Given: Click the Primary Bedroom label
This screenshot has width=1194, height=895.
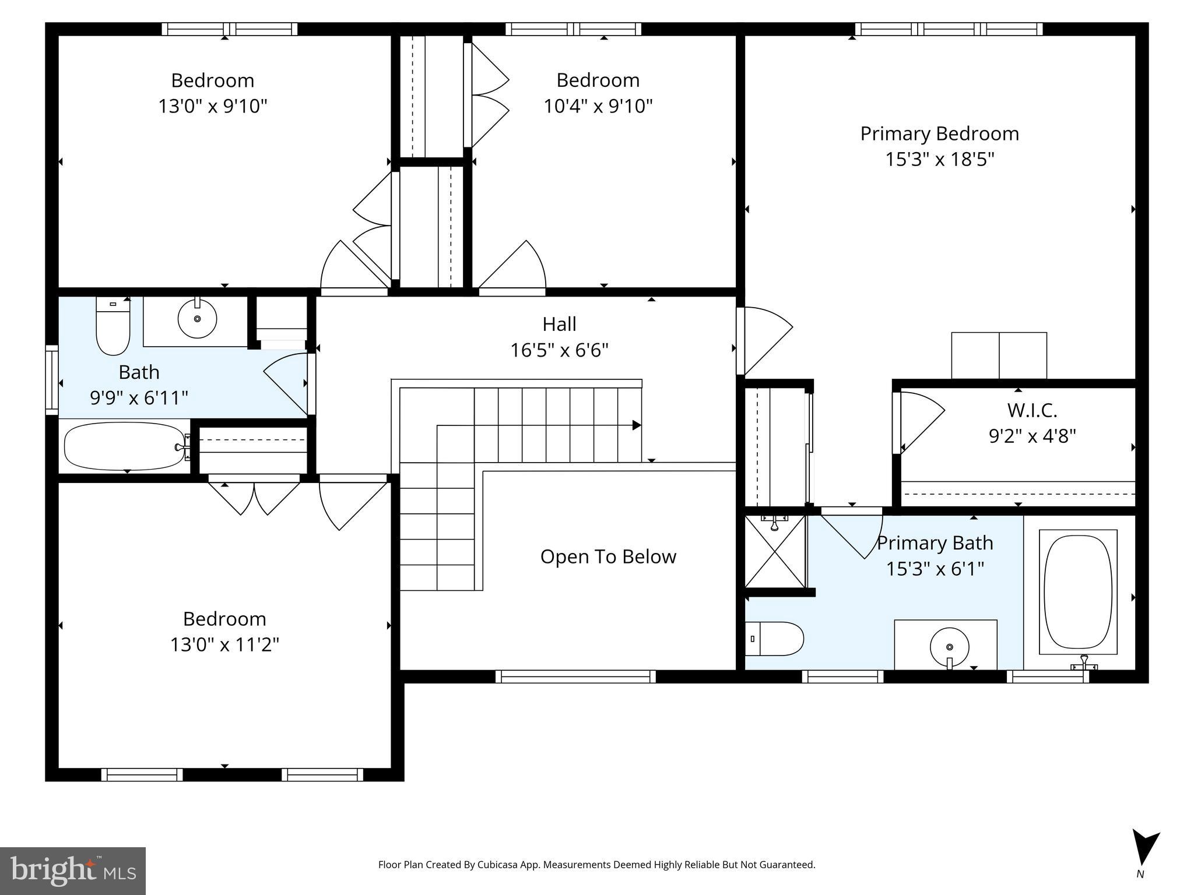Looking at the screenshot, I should [939, 134].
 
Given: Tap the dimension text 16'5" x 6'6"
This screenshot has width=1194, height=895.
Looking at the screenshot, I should [559, 350].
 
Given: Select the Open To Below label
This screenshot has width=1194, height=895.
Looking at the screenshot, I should [608, 556].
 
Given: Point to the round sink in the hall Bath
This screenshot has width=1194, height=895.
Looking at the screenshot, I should [197, 319].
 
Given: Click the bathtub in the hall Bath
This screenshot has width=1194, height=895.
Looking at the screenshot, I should [124, 446].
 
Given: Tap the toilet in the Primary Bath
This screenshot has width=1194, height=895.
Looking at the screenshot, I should [774, 639].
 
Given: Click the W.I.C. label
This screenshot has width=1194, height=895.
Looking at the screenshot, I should [1032, 410].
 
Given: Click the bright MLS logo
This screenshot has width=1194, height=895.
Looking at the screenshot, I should [73, 871].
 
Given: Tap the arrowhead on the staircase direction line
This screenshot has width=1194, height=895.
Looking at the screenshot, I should [637, 425].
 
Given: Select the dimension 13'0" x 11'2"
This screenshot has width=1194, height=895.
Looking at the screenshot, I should [224, 644].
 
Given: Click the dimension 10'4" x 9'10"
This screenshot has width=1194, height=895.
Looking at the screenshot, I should [598, 106].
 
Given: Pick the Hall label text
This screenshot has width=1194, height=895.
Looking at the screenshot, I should [559, 324].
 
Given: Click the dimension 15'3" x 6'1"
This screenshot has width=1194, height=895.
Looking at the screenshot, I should [935, 569].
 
